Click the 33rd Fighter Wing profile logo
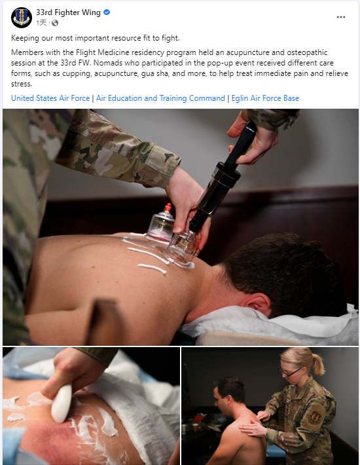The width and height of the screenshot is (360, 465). click(x=22, y=17)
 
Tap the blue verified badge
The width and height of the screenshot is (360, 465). click(x=107, y=12)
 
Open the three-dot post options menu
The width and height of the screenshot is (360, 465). click(x=341, y=17)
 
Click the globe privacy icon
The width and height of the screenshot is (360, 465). click(x=55, y=23)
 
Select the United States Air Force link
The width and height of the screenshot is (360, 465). click(x=50, y=98)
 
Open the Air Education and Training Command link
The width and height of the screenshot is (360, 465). click(x=160, y=98)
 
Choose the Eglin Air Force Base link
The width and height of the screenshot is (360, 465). click(x=265, y=98)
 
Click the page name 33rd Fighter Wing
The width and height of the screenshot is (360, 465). click(x=68, y=12)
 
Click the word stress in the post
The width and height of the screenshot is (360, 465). click(x=22, y=84)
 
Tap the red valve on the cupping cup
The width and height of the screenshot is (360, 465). click(x=168, y=207)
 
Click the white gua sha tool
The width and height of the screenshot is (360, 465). click(x=62, y=403)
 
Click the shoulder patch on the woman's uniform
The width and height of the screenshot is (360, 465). click(x=315, y=417)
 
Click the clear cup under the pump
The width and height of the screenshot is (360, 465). click(x=181, y=248)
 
